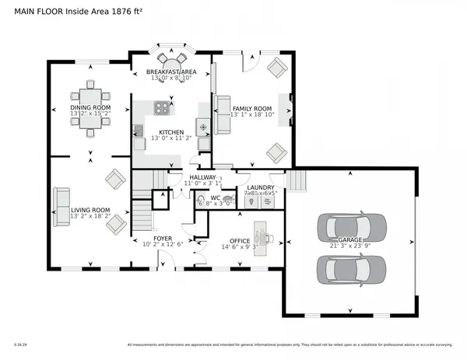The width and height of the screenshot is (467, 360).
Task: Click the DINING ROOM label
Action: [x=90, y=107]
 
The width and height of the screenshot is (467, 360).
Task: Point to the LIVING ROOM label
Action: [x=90, y=209]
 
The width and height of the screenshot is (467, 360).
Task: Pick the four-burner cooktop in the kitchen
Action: [x=163, y=107]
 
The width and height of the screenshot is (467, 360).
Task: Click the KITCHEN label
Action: [x=170, y=132]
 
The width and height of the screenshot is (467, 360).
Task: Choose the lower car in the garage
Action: [x=352, y=269]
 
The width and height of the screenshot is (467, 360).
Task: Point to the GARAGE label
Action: [x=350, y=240]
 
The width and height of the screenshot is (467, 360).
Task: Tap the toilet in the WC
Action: [x=226, y=199]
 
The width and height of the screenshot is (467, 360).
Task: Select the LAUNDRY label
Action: [x=258, y=187]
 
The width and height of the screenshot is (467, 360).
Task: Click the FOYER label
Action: [x=162, y=238]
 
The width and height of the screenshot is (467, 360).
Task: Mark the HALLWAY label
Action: [x=202, y=177]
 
